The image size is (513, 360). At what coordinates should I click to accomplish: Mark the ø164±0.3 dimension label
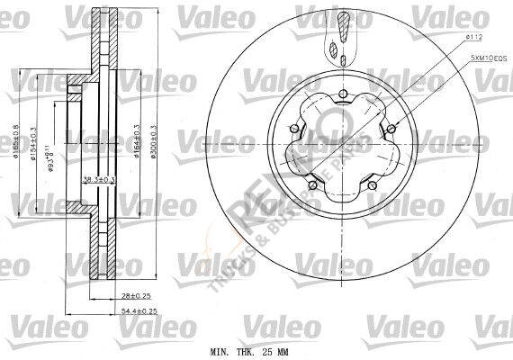click(137, 142)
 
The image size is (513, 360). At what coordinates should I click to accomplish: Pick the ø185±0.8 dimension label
click(17, 142)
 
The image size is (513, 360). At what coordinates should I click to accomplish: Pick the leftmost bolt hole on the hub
click(293, 132)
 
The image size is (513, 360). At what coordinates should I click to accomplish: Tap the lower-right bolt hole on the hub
click(371, 185)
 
